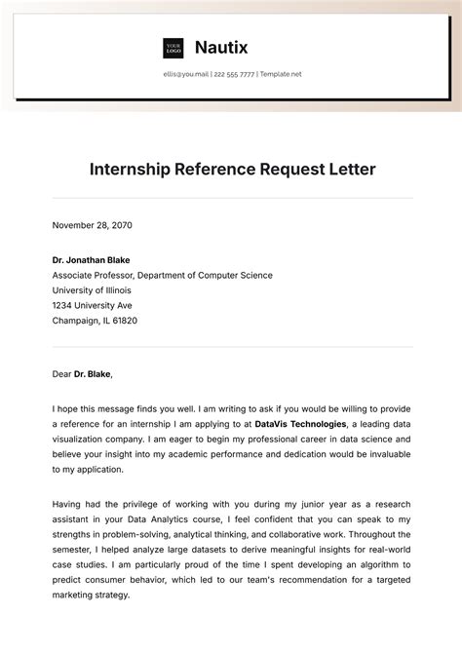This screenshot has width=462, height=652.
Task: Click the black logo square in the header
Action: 173,48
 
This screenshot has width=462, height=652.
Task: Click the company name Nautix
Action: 222,47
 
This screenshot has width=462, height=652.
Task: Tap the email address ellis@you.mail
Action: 186,75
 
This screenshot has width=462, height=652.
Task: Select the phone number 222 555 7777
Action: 234,75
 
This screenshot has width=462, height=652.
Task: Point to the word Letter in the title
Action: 348,170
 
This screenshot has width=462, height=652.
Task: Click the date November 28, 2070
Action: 92,225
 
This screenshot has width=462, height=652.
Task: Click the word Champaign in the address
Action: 79,320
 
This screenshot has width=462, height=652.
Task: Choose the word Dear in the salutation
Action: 63,372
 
